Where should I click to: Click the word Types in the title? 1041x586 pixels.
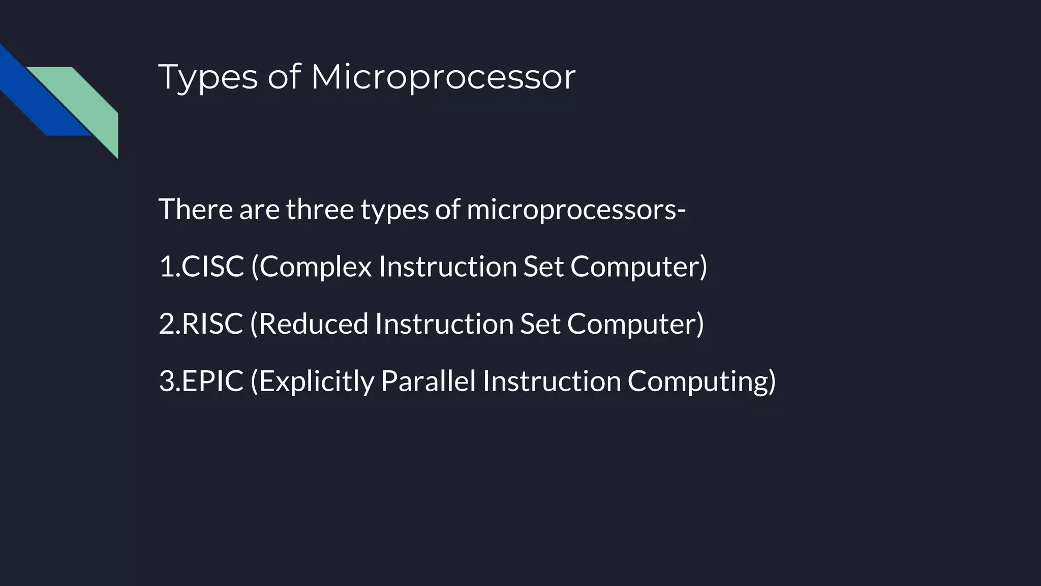[208, 77]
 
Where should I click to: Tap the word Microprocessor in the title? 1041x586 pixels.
[443, 77]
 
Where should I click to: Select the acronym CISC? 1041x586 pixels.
[212, 266]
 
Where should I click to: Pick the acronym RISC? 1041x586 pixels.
[212, 324]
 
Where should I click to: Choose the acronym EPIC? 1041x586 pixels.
[212, 381]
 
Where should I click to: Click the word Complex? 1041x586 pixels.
[316, 266]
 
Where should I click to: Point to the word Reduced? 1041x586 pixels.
[314, 324]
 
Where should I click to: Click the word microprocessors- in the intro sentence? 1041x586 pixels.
[576, 209]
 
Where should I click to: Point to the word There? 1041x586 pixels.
[196, 209]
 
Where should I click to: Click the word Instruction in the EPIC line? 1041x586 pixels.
[552, 381]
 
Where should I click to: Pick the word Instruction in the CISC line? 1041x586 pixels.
[447, 266]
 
